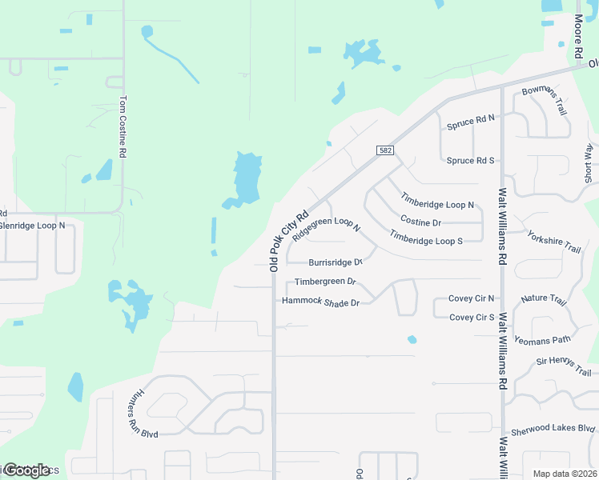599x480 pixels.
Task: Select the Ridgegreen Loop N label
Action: pyautogui.click(x=327, y=227)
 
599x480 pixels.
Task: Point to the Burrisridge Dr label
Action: pyautogui.click(x=336, y=262)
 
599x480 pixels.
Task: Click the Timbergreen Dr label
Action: pyautogui.click(x=324, y=282)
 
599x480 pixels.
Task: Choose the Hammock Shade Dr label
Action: pyautogui.click(x=321, y=302)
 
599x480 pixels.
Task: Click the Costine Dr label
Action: pyautogui.click(x=420, y=222)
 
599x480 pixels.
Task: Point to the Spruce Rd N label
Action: pyautogui.click(x=471, y=119)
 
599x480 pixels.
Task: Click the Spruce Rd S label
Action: pyautogui.click(x=471, y=160)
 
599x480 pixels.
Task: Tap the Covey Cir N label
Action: pyautogui.click(x=472, y=298)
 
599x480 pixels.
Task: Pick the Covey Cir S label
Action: pyautogui.click(x=472, y=318)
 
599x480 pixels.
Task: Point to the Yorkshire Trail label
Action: pyautogui.click(x=553, y=242)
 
